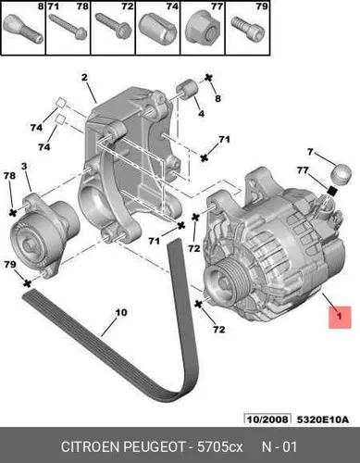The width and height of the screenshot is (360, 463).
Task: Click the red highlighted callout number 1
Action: click(x=340, y=317)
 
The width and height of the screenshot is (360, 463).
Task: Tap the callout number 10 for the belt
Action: click(x=121, y=312)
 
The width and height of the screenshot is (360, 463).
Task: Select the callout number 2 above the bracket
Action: click(x=84, y=77)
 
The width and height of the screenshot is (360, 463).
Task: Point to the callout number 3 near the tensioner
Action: click(x=24, y=167)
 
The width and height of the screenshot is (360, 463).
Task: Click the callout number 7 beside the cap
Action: click(x=310, y=152)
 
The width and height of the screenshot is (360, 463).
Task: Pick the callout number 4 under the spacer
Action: click(x=201, y=114)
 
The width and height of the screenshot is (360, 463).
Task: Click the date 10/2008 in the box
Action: click(x=267, y=419)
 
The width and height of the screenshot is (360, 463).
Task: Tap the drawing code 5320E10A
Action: click(x=323, y=419)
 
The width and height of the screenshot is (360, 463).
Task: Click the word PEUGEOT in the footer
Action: click(x=155, y=447)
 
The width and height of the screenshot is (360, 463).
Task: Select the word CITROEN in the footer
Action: click(x=91, y=447)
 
